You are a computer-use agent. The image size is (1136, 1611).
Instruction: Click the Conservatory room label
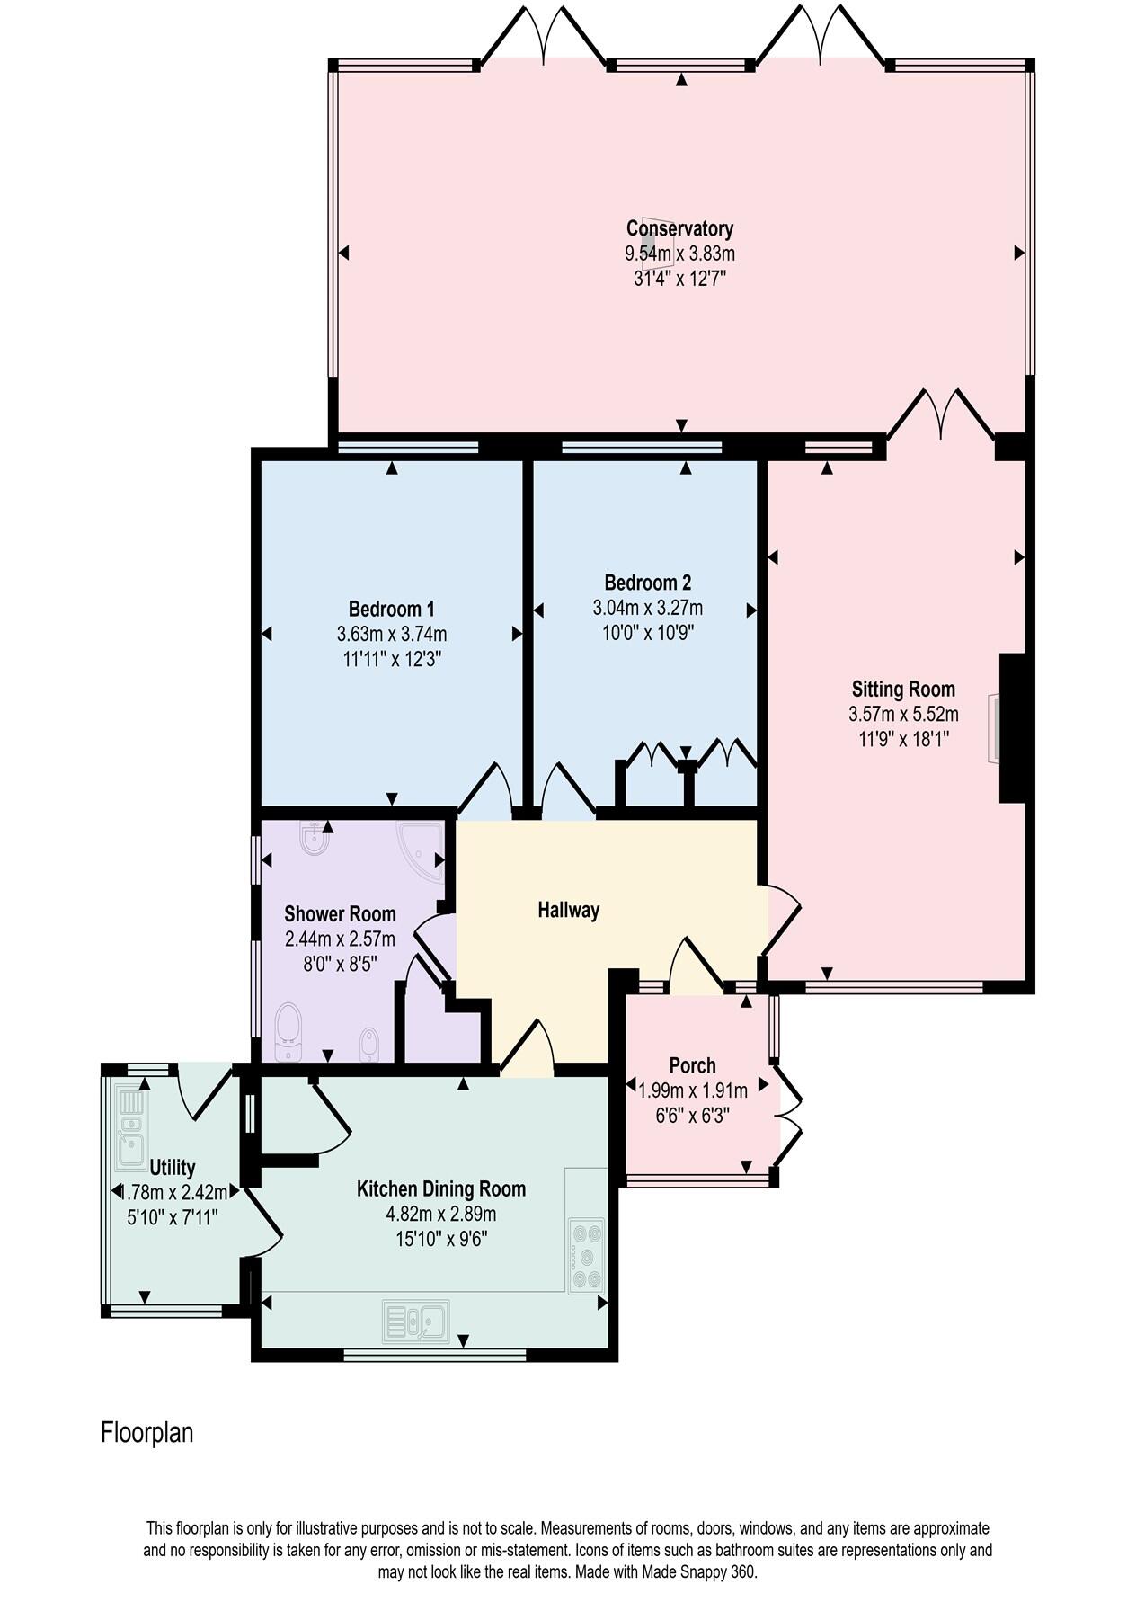679,228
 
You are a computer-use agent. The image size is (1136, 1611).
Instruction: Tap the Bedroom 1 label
391,609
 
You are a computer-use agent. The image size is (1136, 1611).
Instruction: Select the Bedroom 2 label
647,583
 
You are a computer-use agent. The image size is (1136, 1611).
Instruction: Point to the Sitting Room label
903,690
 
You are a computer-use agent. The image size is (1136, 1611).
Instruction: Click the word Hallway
568,910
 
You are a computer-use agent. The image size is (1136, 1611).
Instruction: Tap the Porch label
692,1065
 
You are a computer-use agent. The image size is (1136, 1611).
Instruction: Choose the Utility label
173,1167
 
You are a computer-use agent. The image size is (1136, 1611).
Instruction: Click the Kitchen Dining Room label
441,1188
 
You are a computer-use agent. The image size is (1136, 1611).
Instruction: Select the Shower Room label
340,914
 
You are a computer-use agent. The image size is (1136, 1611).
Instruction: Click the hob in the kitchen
587,1255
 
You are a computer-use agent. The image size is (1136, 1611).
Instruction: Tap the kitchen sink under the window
416,1321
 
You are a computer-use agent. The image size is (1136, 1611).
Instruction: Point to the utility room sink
130,1129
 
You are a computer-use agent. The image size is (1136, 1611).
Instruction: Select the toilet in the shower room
288,1032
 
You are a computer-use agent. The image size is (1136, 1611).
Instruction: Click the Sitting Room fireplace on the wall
994,728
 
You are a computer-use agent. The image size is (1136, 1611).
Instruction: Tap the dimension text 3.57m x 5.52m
903,715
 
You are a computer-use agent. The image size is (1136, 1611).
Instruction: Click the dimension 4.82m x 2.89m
441,1214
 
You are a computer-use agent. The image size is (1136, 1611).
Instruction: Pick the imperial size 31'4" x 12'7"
679,279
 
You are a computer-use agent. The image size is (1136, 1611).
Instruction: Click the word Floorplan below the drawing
146,1432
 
